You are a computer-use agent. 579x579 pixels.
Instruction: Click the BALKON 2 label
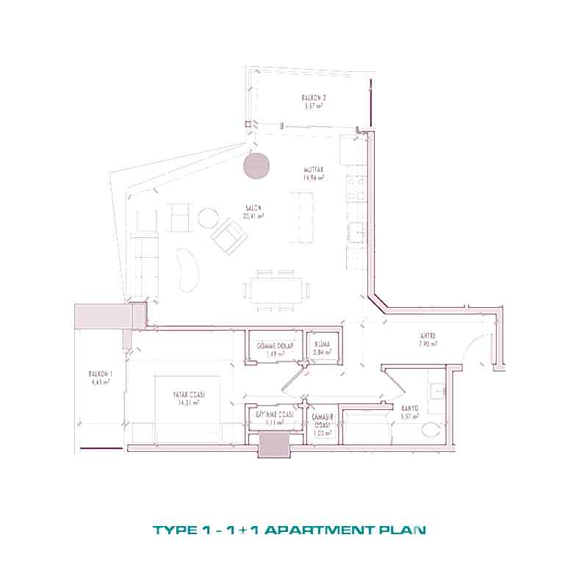pyautogui.click(x=314, y=98)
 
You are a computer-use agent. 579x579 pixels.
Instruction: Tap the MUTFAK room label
pyautogui.click(x=313, y=170)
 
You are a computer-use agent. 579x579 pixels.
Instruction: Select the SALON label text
pyautogui.click(x=253, y=207)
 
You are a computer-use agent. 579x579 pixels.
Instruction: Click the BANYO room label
pyautogui.click(x=409, y=409)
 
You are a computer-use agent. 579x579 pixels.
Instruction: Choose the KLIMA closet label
pyautogui.click(x=322, y=344)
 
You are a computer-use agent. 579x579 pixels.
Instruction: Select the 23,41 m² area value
pyautogui.click(x=253, y=216)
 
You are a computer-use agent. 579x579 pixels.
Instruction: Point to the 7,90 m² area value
pyautogui.click(x=428, y=344)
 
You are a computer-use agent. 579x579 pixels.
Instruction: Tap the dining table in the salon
pyautogui.click(x=276, y=288)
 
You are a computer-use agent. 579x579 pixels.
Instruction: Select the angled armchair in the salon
pyautogui.click(x=229, y=237)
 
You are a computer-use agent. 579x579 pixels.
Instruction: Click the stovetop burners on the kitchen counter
pyautogui.click(x=356, y=188)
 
